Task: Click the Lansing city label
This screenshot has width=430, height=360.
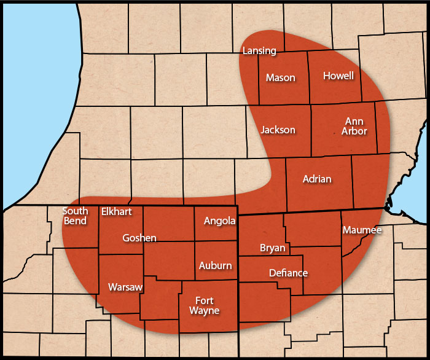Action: [259, 50]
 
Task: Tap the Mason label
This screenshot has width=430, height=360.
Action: [280, 77]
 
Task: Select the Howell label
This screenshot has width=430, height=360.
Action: [338, 76]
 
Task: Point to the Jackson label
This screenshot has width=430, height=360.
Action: [278, 130]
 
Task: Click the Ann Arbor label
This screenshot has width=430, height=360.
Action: [356, 126]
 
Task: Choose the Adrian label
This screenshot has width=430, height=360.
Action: [317, 179]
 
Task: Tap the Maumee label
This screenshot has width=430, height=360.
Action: [362, 230]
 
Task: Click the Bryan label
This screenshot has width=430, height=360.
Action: [273, 248]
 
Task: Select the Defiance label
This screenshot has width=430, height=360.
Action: [288, 273]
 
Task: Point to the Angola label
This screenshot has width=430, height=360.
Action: [219, 221]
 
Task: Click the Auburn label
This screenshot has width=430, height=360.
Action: [216, 265]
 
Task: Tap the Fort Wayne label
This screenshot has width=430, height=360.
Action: [204, 305]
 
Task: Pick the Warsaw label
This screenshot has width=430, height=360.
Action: [125, 287]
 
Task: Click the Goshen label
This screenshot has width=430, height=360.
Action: [139, 238]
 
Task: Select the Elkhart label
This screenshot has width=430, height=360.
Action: [117, 211]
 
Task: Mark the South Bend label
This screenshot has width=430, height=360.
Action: [75, 216]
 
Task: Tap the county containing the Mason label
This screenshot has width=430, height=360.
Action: [283, 92]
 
